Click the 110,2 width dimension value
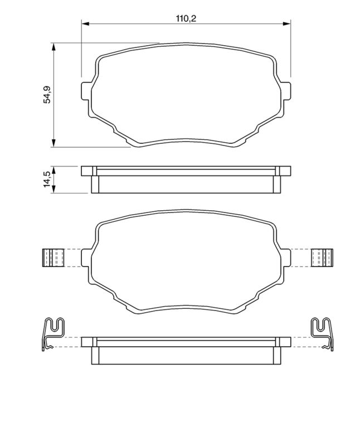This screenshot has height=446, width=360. coord(187,18)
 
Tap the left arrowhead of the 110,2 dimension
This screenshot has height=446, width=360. coord(85,23)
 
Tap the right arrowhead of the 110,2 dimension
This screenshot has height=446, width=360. coord(288,23)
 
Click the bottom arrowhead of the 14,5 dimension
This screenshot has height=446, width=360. coord(53,190)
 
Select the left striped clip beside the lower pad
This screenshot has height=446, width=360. coord(54,257)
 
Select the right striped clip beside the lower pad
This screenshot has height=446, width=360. coord(322,257)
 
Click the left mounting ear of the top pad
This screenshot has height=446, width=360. coord(86,90)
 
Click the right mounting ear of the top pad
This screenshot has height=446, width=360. coord(286,90)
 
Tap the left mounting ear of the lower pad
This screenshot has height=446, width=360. coord(86,258)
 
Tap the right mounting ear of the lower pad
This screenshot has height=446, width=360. coord(286,258)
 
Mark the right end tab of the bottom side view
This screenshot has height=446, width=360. coord(284,341)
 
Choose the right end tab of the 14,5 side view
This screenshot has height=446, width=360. coord(284,171)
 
